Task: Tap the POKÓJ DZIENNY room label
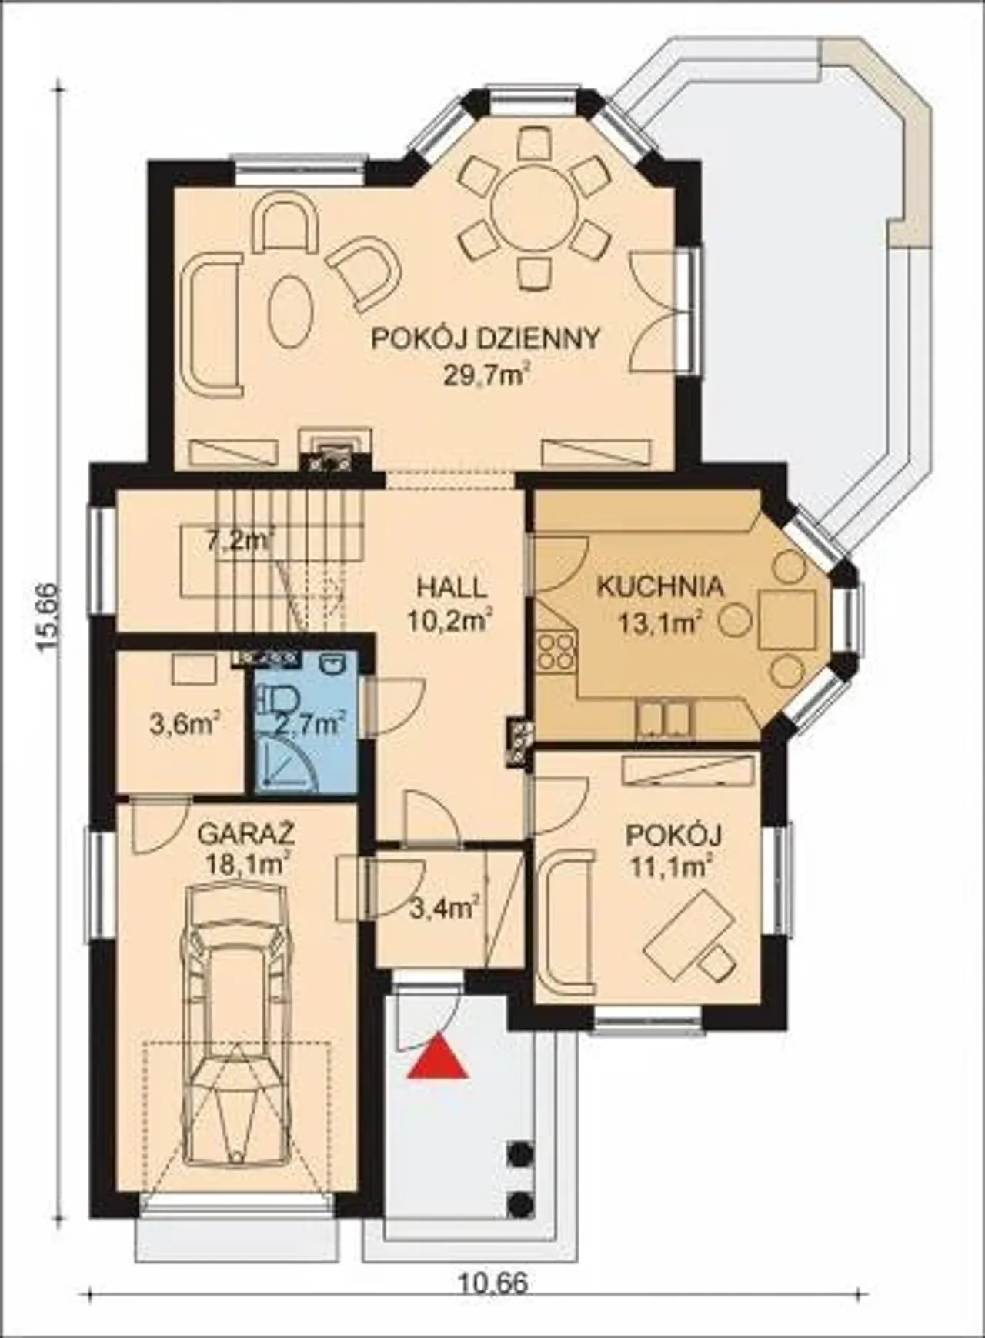coord(486,339)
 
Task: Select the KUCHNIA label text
coord(660,586)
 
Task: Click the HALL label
coord(452,587)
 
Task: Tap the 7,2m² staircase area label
coord(240,541)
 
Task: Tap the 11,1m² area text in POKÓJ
coord(669,868)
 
